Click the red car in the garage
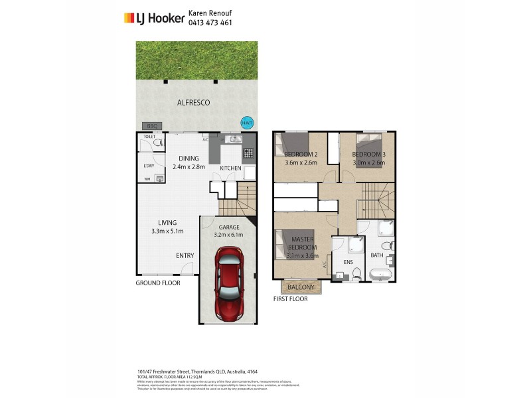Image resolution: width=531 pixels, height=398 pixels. (228, 283)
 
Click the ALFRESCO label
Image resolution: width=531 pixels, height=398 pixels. (194, 103)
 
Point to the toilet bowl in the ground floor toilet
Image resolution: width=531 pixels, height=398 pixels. (158, 142)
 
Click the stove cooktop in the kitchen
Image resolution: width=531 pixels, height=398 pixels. (249, 153)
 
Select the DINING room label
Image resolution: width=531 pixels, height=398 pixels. (189, 158)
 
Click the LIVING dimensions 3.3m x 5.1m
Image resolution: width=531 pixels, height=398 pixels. (167, 232)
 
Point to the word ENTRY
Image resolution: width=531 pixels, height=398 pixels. (185, 256)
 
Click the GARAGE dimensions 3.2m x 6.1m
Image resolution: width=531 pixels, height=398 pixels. (229, 235)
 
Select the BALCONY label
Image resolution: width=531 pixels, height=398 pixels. (301, 287)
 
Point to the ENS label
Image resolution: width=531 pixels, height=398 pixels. (347, 262)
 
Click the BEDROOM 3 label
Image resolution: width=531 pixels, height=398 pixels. (368, 154)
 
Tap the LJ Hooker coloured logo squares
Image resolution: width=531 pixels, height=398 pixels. (129, 19)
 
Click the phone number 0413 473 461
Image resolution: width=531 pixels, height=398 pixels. (210, 23)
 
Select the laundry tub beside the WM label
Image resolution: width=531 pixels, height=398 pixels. (159, 178)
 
